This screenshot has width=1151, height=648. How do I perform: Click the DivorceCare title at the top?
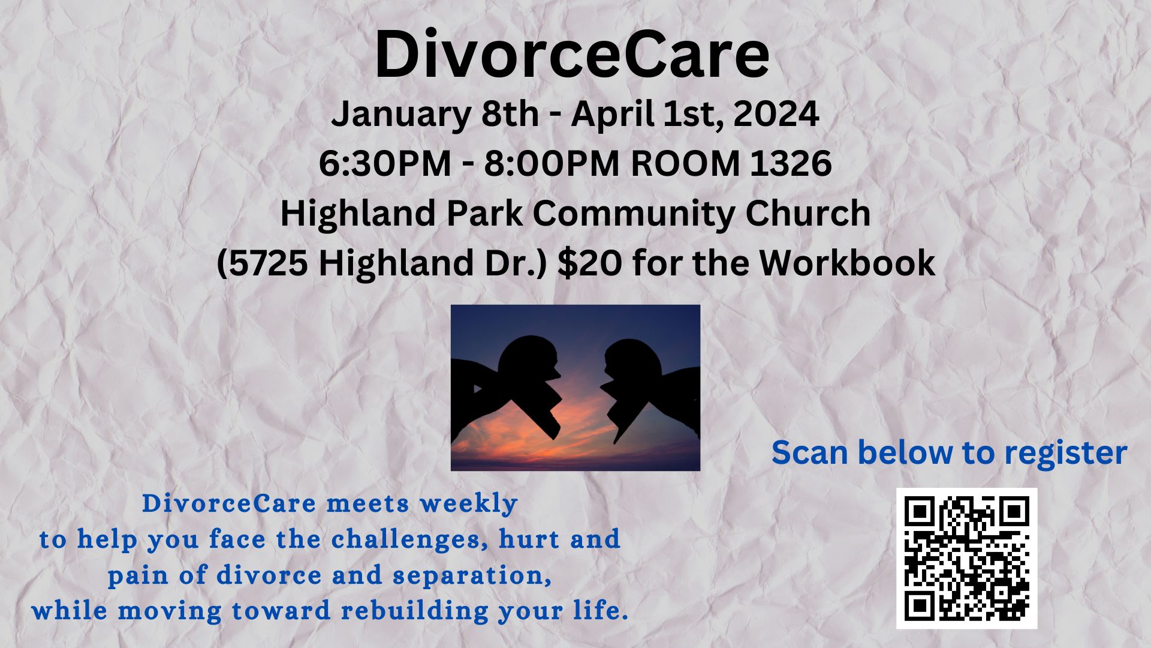(573, 54)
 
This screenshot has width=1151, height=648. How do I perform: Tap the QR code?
(966, 558)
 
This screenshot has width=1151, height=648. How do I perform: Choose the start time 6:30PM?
(385, 163)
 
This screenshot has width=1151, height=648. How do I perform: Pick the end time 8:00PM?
(552, 163)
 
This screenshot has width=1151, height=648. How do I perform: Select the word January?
(401, 115)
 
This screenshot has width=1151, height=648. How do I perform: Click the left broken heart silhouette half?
(507, 390)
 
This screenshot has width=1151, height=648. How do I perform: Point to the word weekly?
(469, 504)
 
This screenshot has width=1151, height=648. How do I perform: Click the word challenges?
(414, 539)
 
